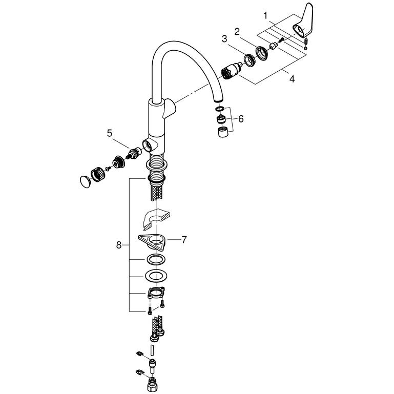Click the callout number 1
click(x=265, y=16)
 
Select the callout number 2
click(x=237, y=32)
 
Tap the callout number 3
click(x=224, y=39)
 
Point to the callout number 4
click(x=292, y=79)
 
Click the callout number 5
click(x=109, y=133)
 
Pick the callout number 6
click(x=241, y=119)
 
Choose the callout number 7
click(x=184, y=240)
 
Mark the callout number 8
click(x=119, y=245)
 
